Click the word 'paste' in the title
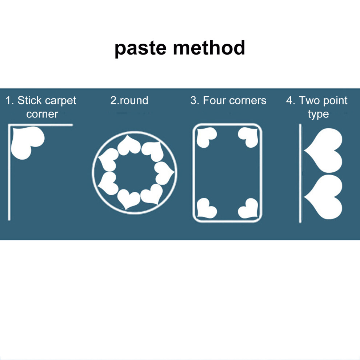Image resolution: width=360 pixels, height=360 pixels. (140, 49)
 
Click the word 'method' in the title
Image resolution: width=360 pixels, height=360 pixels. (209, 47)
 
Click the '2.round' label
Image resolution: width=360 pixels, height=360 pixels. (129, 100)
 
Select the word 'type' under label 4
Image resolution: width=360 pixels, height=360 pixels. (318, 114)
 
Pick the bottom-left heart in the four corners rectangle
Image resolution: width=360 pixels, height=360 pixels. (206, 208)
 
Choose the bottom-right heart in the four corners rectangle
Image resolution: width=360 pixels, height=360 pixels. (248, 208)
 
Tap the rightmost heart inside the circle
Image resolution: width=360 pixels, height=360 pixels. (164, 173)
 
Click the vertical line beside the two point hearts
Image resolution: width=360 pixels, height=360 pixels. (300, 173)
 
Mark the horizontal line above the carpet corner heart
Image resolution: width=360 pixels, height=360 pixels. (41, 125)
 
